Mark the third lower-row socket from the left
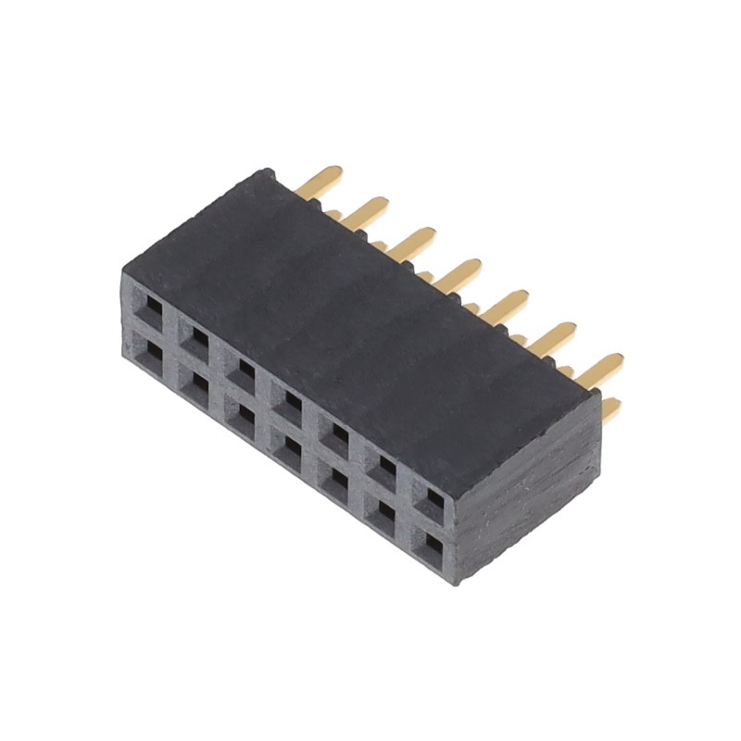coord(243,419)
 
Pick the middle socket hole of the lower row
coord(290,450)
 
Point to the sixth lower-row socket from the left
coord(383,516)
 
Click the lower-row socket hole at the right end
coord(431,548)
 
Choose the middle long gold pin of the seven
coord(459,272)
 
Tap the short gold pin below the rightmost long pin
coord(611,408)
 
